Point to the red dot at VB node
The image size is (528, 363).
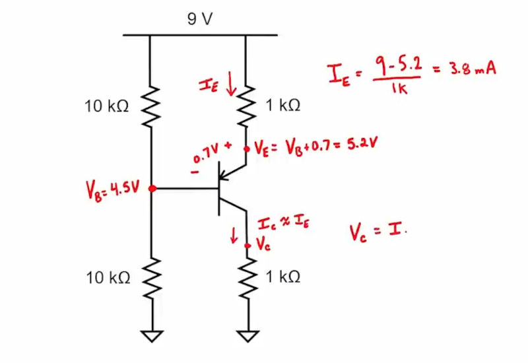[152, 189]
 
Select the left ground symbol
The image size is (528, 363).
[152, 336]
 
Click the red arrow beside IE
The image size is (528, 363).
[230, 85]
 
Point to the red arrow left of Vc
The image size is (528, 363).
[233, 234]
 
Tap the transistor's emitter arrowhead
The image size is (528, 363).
[224, 175]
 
